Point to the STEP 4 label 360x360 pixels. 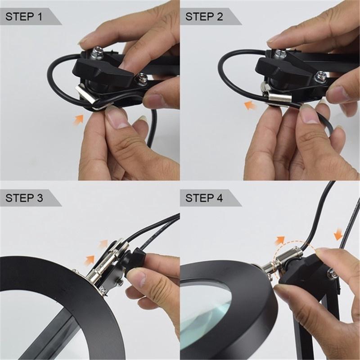(x=204, y=198)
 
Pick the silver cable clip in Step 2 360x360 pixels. (x=279, y=96)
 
